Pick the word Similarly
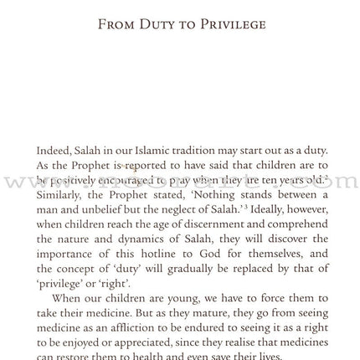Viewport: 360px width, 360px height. tap(61, 195)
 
